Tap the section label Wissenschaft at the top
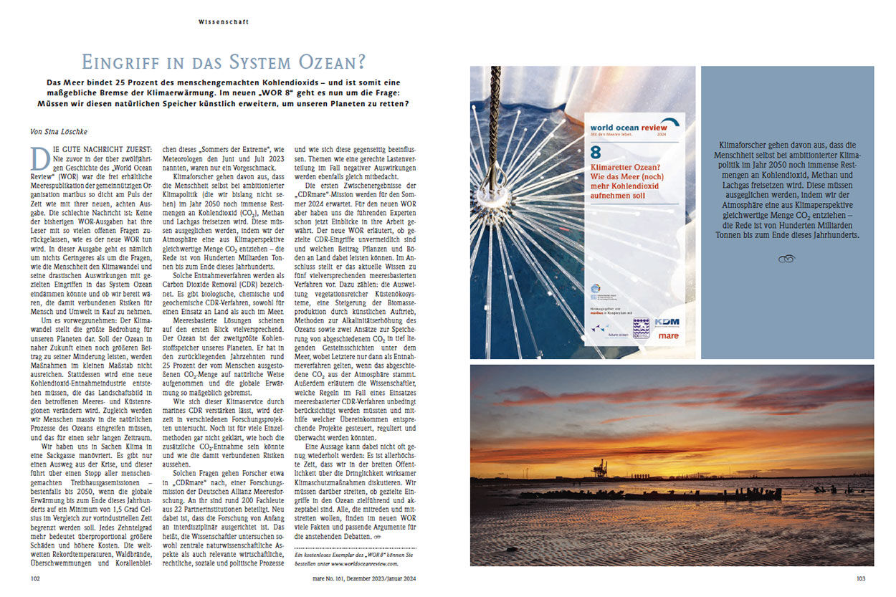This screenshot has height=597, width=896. coord(224,22)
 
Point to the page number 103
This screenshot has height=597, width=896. coord(862,578)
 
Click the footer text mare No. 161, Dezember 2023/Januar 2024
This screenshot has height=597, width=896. coord(356,578)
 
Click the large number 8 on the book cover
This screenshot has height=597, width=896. coord(595,153)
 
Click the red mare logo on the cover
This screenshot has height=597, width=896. coord(667,335)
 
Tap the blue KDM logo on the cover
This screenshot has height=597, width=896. coord(667,322)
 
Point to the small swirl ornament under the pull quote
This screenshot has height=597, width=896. coord(786,259)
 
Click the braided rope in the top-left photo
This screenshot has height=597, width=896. coord(494,115)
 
